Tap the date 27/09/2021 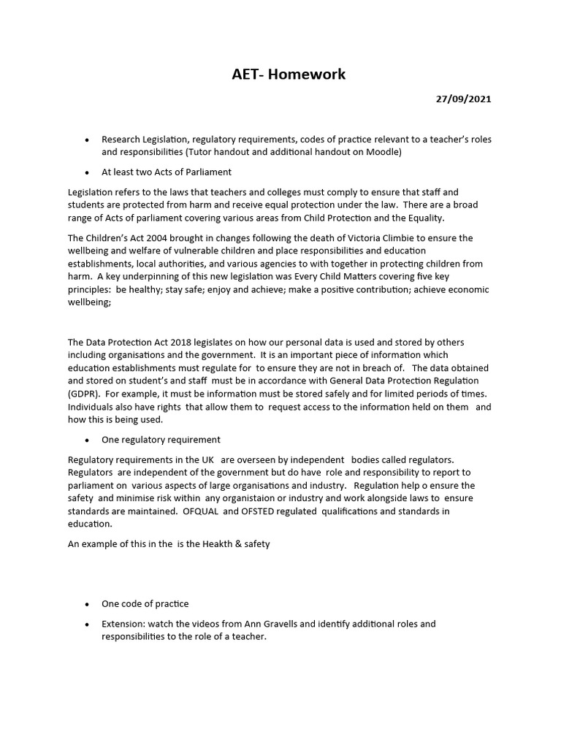(464, 99)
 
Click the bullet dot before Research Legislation (88, 140)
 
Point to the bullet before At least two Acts (88, 172)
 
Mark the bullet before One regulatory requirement (88, 440)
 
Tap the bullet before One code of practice (88, 604)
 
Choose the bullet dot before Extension (88, 625)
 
